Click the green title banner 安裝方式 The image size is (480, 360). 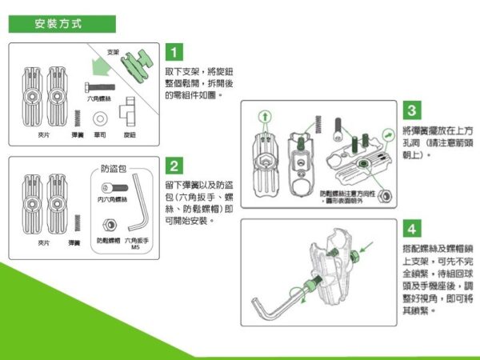click(x=62, y=24)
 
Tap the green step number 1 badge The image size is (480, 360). click(x=175, y=54)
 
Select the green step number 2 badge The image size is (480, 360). click(x=175, y=166)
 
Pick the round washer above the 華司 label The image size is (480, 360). click(x=101, y=118)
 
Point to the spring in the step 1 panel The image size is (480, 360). click(x=78, y=118)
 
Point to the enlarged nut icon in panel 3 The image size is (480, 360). click(x=386, y=195)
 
